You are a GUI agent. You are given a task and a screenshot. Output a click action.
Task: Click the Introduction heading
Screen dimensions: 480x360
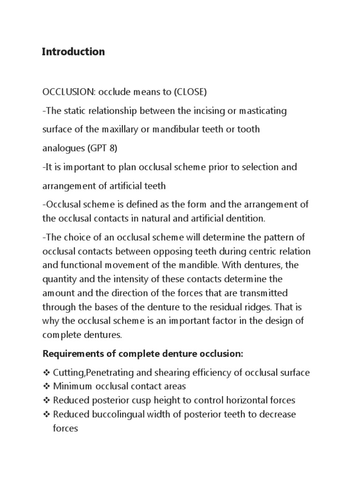click(74, 52)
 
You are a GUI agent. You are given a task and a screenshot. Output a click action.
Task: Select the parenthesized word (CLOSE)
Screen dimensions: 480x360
click(190, 92)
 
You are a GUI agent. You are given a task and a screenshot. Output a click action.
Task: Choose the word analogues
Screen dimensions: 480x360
click(62, 149)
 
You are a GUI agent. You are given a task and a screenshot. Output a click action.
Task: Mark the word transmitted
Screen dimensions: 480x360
click(264, 293)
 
